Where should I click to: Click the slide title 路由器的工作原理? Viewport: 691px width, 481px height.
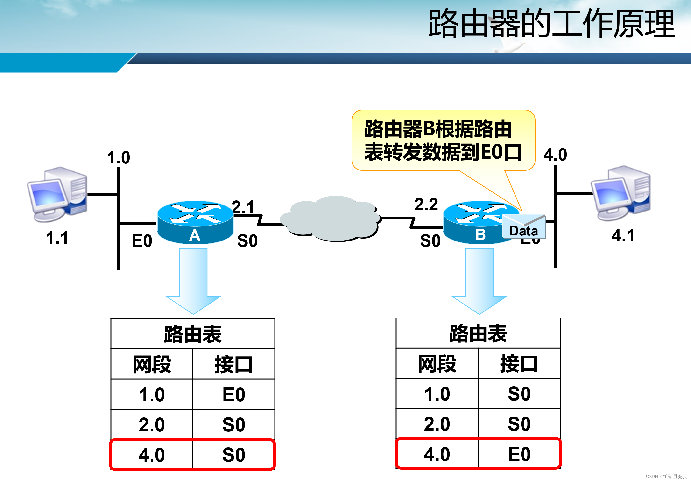551,23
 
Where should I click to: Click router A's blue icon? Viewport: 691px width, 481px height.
195,222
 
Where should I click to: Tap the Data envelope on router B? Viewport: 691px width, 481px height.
524,227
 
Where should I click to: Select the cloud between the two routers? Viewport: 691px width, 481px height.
331,219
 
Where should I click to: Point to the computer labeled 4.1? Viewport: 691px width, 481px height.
621,193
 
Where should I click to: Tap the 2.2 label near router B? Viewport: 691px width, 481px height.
426,205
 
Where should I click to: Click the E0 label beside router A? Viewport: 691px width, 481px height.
142,241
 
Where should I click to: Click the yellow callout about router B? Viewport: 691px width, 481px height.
443,140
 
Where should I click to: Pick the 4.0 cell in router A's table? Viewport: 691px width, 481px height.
152,454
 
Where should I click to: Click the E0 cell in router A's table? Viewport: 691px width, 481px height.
233,394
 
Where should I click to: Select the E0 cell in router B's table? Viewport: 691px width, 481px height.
519,454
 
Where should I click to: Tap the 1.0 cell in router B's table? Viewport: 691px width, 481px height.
437,394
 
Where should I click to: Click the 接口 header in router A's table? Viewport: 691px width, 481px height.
233,364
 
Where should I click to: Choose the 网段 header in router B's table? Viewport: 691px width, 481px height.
437,364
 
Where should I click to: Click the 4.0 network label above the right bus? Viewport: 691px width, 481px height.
555,155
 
